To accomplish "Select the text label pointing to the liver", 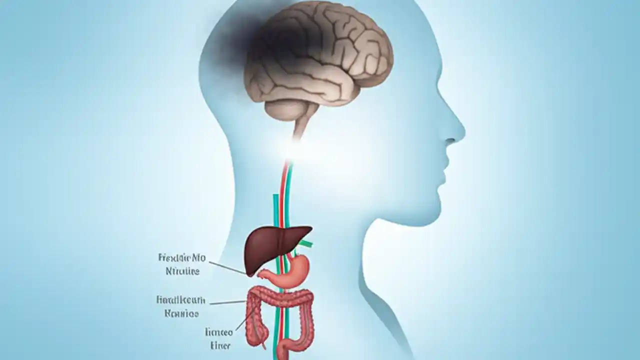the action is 181,264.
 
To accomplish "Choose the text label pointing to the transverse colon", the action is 180,306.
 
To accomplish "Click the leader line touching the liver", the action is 227,267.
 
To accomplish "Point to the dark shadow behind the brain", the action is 240,40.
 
